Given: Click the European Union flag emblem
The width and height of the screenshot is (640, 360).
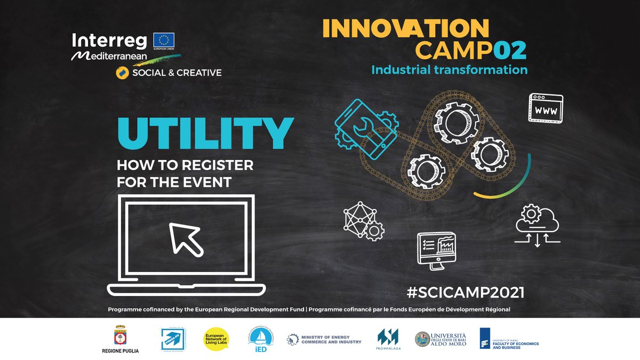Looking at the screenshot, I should pyautogui.click(x=164, y=40).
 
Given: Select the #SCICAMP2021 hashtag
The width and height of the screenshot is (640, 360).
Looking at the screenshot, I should pyautogui.click(x=465, y=292).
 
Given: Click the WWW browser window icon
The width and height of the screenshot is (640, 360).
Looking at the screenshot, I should pyautogui.click(x=546, y=108).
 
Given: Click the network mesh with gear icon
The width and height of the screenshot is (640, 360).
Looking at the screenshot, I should pyautogui.click(x=363, y=221).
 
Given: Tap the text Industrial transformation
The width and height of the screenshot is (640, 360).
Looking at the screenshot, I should pyautogui.click(x=449, y=70).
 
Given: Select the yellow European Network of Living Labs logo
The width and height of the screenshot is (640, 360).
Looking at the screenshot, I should pyautogui.click(x=217, y=339).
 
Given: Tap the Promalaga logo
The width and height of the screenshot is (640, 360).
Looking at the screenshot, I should pyautogui.click(x=388, y=339).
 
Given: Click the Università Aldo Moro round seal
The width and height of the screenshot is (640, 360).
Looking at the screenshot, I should pyautogui.click(x=422, y=339).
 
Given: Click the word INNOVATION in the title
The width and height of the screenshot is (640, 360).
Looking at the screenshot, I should pyautogui.click(x=406, y=29).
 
